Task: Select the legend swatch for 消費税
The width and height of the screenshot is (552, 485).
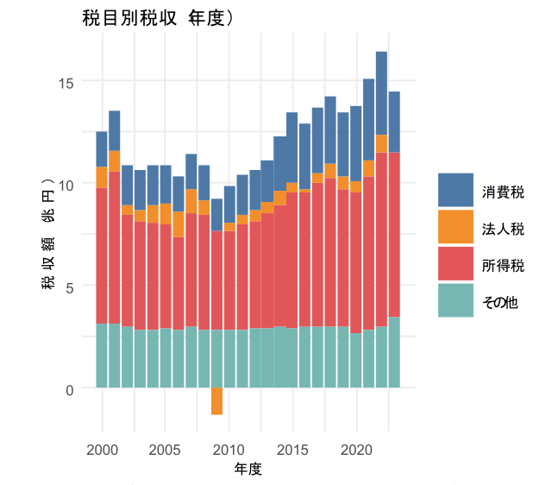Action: click(x=458, y=190)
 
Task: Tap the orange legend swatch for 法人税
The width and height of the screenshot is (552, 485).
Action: click(x=458, y=227)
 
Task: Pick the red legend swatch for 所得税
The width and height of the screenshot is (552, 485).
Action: click(x=458, y=264)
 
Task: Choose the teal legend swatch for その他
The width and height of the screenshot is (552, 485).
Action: click(x=458, y=300)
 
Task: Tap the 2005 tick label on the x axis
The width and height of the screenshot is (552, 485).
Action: click(x=166, y=450)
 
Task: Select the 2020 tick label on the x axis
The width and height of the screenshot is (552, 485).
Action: click(x=356, y=450)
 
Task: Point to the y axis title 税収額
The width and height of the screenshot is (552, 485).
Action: click(x=49, y=233)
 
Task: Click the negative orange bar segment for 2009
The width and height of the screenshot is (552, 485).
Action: click(x=216, y=401)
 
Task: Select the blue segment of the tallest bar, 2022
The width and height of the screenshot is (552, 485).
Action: click(x=381, y=93)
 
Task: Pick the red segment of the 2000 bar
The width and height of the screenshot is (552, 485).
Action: click(x=102, y=255)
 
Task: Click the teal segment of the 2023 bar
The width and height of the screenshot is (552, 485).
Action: click(x=394, y=352)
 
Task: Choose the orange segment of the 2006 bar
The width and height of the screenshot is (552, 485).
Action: click(x=179, y=224)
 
